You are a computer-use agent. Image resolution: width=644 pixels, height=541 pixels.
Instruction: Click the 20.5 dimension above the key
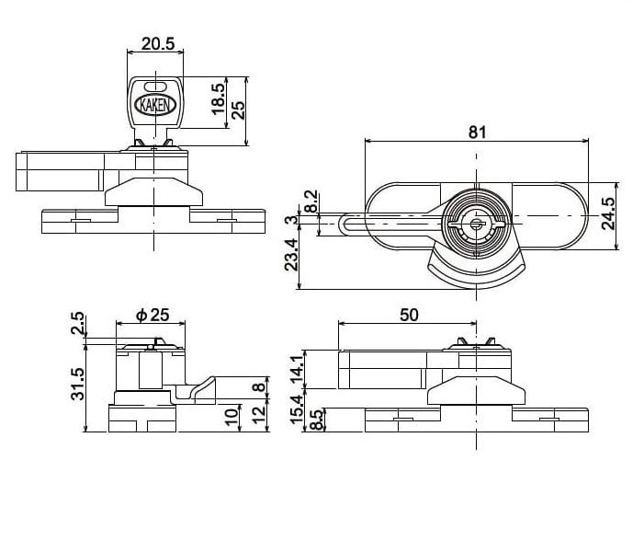pyautogui.click(x=158, y=43)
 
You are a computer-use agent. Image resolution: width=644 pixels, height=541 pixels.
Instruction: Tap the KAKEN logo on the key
pyautogui.click(x=155, y=105)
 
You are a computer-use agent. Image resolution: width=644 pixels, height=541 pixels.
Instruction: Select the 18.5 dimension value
pyautogui.click(x=218, y=99)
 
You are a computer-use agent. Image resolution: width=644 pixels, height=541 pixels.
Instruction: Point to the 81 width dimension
pyautogui.click(x=477, y=132)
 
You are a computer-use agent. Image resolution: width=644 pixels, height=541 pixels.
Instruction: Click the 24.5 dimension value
pyautogui.click(x=608, y=213)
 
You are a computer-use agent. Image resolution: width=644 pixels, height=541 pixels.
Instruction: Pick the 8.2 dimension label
pyautogui.click(x=312, y=201)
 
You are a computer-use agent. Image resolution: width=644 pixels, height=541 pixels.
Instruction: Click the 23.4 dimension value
pyautogui.click(x=291, y=255)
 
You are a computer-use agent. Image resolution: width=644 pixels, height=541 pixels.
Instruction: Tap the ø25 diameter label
pyautogui.click(x=153, y=316)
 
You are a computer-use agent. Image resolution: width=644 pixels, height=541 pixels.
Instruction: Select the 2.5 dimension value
pyautogui.click(x=77, y=323)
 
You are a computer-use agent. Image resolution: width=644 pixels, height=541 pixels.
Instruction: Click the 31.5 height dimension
pyautogui.click(x=77, y=385)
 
